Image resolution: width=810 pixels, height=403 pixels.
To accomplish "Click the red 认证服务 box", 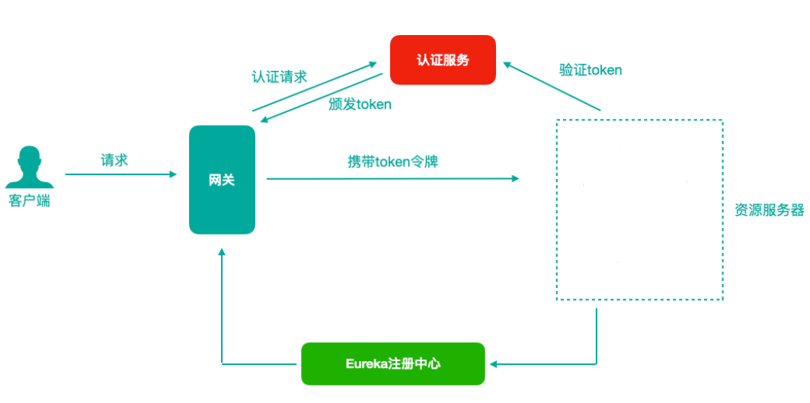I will pos(443,59).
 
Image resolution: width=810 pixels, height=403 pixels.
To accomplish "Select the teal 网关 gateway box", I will pos(222,180).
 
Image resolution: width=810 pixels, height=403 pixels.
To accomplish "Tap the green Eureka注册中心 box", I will pos(392,363).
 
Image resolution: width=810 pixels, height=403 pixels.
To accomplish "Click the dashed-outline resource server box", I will pos(639,209).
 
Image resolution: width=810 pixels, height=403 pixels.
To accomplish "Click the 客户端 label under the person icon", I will pos(30,202).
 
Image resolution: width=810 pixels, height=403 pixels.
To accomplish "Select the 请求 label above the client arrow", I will pos(114,160).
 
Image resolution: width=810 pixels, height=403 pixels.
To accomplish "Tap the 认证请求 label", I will pos(279,77).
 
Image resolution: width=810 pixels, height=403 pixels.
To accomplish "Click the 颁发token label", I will pos(360,104).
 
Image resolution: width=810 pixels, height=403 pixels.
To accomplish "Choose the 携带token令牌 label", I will pos(392,162).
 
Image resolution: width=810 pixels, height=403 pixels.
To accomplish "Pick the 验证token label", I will pos(591,70).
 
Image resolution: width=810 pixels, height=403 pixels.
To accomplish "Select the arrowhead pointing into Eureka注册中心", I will pos(493,364).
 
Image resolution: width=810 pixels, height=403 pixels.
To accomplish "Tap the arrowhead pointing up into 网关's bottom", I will pos(222,252).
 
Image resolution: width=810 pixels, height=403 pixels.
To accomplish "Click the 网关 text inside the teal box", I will pos(222,181).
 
